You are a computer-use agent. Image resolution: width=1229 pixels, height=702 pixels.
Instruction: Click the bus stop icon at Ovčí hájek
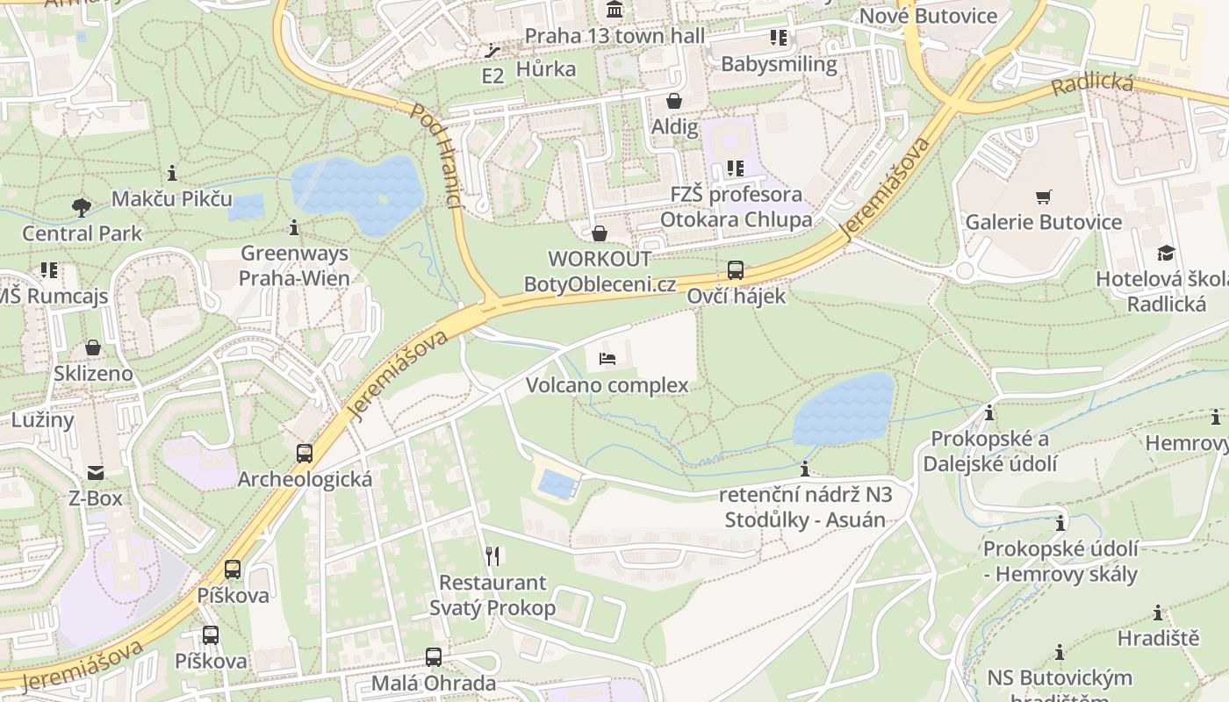(x=736, y=270)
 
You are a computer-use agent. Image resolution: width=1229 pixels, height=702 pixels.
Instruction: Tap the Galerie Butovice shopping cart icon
(x=1043, y=197)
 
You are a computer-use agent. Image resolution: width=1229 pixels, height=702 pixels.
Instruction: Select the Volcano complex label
(x=607, y=385)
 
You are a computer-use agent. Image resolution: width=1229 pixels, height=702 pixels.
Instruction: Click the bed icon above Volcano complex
(x=607, y=358)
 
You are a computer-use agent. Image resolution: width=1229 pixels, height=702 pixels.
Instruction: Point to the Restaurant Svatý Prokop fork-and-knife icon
(x=492, y=555)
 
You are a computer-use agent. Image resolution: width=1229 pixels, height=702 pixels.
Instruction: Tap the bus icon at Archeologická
(x=305, y=454)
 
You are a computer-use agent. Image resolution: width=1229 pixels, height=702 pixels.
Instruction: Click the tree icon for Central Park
(x=82, y=208)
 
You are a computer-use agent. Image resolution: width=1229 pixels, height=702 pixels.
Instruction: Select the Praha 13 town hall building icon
(x=614, y=11)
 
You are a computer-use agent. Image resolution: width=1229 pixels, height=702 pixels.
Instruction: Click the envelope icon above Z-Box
(x=96, y=474)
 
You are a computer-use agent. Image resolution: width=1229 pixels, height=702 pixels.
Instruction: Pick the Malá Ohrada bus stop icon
(x=433, y=657)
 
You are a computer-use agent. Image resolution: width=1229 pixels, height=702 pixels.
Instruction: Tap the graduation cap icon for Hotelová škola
(x=1165, y=254)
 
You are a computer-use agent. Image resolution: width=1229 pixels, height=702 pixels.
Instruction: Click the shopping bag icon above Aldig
(x=674, y=101)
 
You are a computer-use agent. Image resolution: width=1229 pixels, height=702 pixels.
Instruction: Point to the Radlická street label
(x=1092, y=86)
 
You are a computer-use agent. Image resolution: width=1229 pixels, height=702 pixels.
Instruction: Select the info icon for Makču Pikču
(x=172, y=173)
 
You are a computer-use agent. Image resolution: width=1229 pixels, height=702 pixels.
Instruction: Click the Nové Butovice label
(x=928, y=16)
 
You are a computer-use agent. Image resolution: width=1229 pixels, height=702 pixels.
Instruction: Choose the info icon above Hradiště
(x=1158, y=612)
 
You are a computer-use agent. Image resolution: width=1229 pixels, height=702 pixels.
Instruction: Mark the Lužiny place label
(x=43, y=419)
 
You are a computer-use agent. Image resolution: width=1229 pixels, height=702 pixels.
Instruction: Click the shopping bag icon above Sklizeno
(x=93, y=348)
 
